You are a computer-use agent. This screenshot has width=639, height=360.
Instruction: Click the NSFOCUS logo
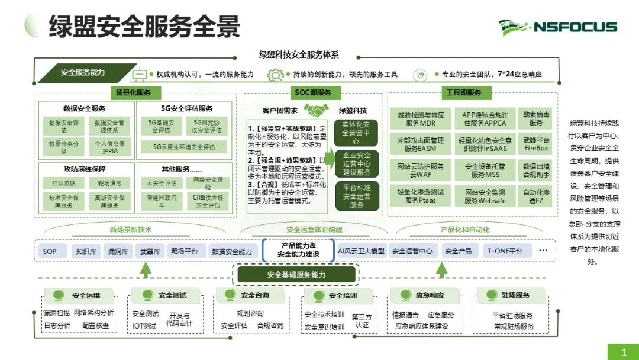point(558,27)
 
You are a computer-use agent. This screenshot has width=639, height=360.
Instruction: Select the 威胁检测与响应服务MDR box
point(421,119)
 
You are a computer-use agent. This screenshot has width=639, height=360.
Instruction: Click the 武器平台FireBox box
point(536,144)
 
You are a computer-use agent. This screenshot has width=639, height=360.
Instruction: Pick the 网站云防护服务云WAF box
point(421,171)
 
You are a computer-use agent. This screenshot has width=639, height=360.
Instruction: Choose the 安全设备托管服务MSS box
point(485,171)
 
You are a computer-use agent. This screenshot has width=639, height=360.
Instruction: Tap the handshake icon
point(317,110)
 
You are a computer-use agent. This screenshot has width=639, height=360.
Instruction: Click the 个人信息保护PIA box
point(109,146)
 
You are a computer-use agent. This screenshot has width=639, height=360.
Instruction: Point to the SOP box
point(50,251)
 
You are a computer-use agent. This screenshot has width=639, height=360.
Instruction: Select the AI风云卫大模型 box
point(361,251)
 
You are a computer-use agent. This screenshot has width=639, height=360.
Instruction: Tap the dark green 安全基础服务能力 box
point(296,275)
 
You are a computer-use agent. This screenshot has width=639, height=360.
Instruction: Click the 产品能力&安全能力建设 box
point(298,250)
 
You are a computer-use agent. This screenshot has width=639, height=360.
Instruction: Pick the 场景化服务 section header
point(134,92)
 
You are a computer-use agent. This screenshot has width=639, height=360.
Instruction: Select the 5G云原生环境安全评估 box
point(184,147)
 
